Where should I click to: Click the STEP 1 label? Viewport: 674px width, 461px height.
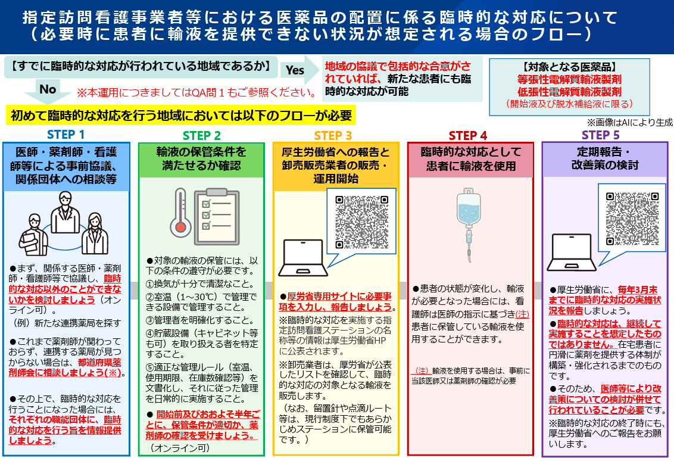[x=65, y=135]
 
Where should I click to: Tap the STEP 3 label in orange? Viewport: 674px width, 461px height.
[x=333, y=135]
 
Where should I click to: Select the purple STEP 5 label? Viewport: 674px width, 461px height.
[x=601, y=135]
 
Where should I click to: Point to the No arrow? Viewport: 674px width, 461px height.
[x=48, y=92]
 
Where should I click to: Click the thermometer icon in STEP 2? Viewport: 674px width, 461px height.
[x=180, y=213]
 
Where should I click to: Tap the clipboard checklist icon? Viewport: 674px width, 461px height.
[x=217, y=216]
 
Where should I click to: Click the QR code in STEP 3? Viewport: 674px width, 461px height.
[x=361, y=222]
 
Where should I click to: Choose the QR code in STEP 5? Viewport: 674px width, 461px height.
[x=632, y=219]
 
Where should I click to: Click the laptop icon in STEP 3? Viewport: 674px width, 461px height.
[x=303, y=258]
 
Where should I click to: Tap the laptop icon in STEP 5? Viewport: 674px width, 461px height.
[x=572, y=253]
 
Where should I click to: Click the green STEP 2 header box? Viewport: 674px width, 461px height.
[x=201, y=160]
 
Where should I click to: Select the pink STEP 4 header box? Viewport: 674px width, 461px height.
[x=471, y=160]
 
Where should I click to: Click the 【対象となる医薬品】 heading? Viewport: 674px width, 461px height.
[x=569, y=67]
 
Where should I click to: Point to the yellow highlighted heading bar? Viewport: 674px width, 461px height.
[x=181, y=116]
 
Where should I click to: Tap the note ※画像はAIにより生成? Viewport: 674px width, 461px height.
[x=630, y=123]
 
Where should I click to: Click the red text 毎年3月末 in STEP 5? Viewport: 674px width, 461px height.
[x=638, y=289]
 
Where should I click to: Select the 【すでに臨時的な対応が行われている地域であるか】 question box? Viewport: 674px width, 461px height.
[x=141, y=67]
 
